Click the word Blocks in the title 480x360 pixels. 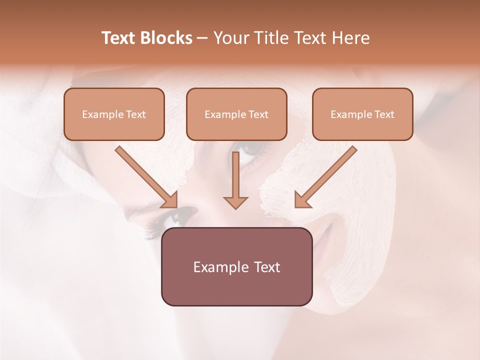click(166, 38)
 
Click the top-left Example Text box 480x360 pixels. click(114, 114)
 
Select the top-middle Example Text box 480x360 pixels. click(236, 114)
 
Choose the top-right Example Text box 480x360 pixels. click(362, 114)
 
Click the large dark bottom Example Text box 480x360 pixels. click(236, 266)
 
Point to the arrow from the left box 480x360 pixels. click(145, 175)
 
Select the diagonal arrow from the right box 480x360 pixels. click(327, 175)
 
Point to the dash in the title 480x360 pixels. click(202, 38)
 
